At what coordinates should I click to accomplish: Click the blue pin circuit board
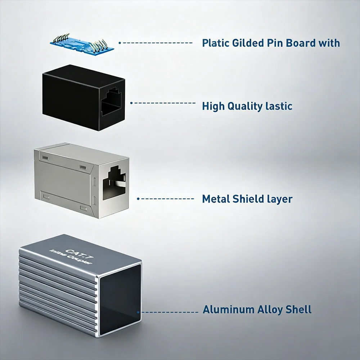pos(82,45)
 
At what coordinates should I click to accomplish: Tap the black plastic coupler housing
pos(84,98)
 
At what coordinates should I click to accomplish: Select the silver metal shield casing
pos(81,180)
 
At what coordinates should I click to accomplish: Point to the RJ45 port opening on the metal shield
pos(114,182)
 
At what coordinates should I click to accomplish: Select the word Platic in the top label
pos(216,43)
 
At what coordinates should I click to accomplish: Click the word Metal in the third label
pos(216,199)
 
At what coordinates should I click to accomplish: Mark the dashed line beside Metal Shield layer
pos(166,199)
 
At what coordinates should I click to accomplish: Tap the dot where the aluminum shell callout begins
pos(138,312)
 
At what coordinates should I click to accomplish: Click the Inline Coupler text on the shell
pos(71,257)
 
